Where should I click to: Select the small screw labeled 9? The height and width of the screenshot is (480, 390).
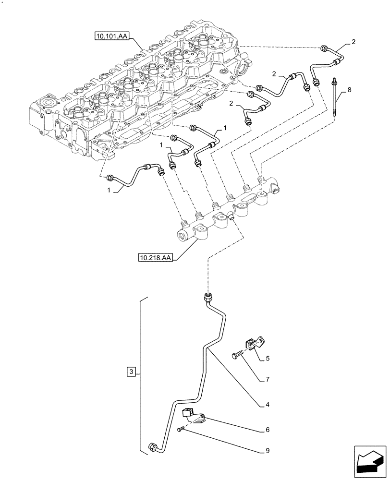tap(180, 430)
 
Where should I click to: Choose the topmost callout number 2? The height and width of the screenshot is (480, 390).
tap(353, 42)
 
